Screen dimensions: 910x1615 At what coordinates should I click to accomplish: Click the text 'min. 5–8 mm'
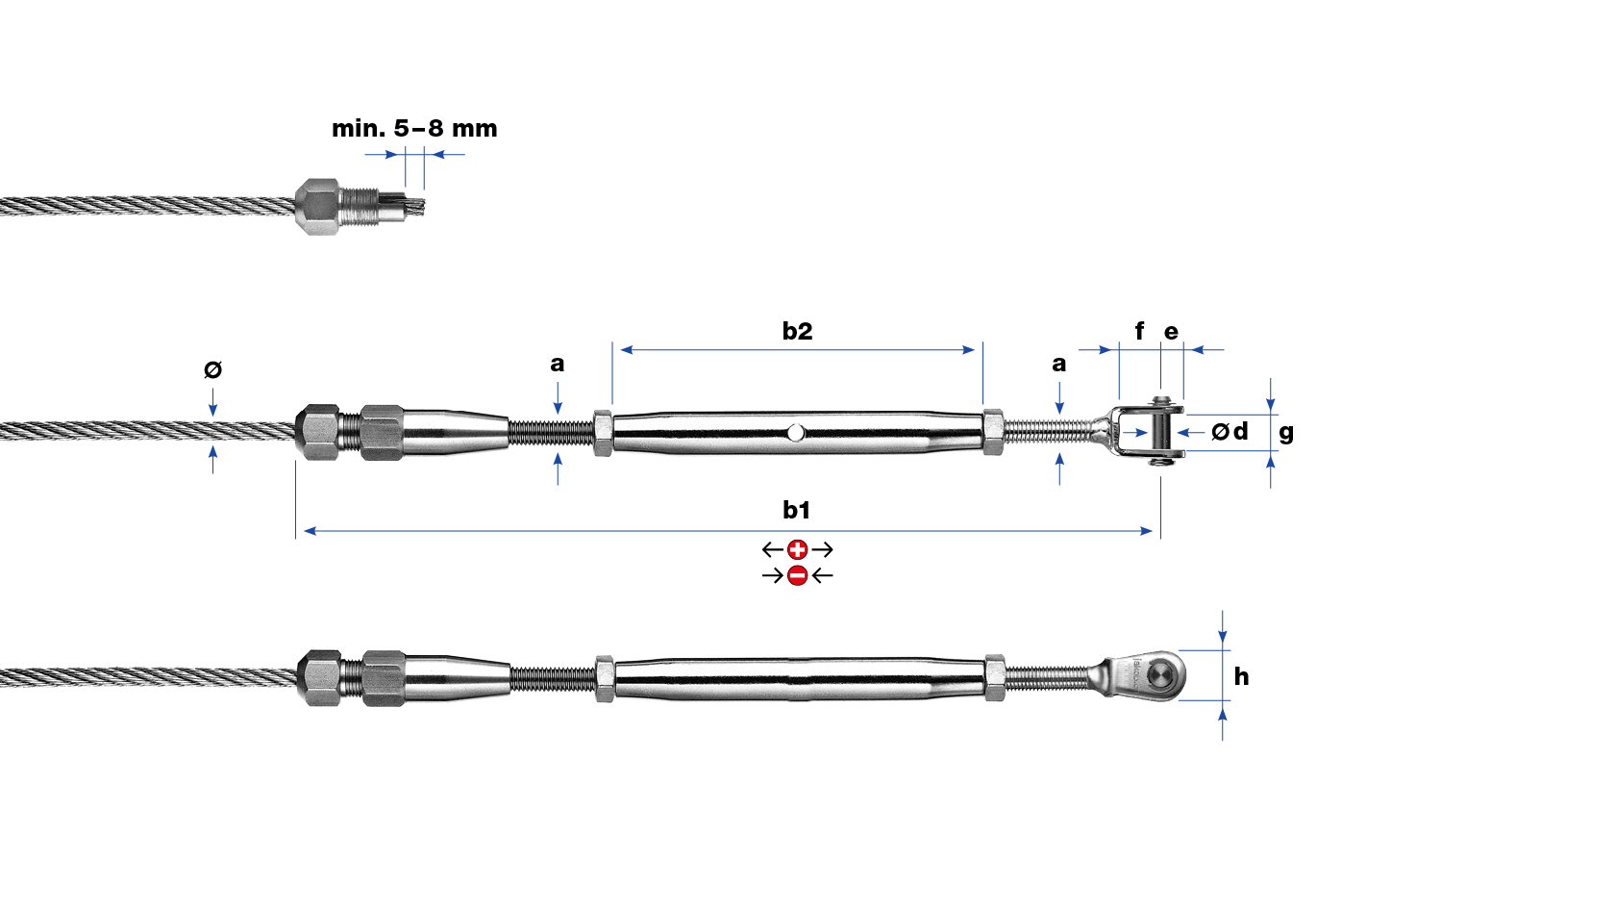click(414, 129)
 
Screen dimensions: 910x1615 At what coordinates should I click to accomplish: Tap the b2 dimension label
click(797, 332)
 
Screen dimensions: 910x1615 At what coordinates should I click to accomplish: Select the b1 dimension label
click(796, 511)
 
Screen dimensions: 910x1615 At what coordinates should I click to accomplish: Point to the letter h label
click(1241, 677)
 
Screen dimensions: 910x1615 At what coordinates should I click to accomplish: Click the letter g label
click(1286, 434)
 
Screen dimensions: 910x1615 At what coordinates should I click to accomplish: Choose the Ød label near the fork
click(1230, 432)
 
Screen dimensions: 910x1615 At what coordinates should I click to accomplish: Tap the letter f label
click(1139, 331)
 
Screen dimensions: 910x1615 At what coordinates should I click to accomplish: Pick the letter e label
click(1171, 332)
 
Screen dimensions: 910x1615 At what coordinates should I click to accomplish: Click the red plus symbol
click(797, 550)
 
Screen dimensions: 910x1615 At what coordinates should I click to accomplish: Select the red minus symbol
click(797, 575)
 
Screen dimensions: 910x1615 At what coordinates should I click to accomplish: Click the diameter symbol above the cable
click(212, 369)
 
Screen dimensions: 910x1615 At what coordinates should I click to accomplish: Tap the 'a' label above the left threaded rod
click(558, 364)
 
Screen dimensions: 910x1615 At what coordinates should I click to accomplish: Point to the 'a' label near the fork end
click(1058, 364)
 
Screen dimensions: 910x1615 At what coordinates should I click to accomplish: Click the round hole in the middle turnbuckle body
click(795, 433)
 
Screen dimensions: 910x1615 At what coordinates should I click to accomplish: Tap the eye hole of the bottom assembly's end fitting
click(1164, 674)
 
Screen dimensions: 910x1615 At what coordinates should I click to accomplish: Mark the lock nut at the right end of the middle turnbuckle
click(993, 433)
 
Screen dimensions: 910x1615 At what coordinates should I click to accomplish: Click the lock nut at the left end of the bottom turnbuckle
click(605, 678)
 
